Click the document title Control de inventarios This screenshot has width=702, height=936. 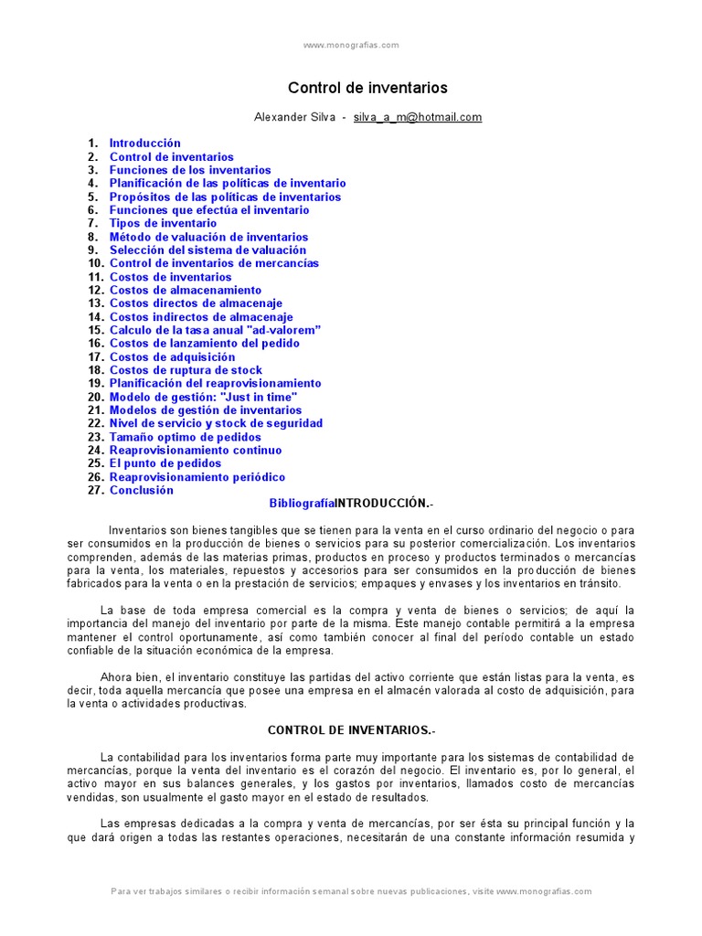coord(367,89)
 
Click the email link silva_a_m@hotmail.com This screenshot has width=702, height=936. coord(418,117)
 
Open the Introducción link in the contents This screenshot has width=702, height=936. coord(145,144)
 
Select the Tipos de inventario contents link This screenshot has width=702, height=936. coord(163,223)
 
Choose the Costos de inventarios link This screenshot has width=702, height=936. coord(170,277)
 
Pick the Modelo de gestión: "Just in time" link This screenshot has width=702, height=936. coord(203,397)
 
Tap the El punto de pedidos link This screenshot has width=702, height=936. coord(165,463)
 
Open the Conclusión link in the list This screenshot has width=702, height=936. coord(141,490)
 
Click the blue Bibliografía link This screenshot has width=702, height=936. coord(302,504)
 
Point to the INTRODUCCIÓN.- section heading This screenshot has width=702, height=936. coord(382,504)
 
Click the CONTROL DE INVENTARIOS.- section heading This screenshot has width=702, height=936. coord(350,730)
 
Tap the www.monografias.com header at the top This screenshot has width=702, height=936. coord(351,45)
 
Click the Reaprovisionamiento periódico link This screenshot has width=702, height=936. coord(197,477)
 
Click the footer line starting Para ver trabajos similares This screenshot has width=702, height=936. coord(351,891)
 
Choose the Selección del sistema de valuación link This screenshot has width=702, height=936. coord(207,250)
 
